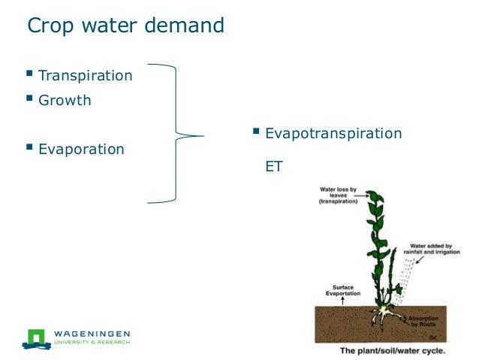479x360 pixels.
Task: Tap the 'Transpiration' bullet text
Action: (x=85, y=76)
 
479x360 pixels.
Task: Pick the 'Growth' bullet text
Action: (x=65, y=100)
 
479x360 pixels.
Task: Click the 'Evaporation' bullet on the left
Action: (x=81, y=149)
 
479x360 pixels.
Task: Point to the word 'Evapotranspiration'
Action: (x=333, y=133)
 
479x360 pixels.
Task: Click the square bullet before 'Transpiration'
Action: (x=29, y=74)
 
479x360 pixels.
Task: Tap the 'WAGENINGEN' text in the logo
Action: (x=92, y=333)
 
